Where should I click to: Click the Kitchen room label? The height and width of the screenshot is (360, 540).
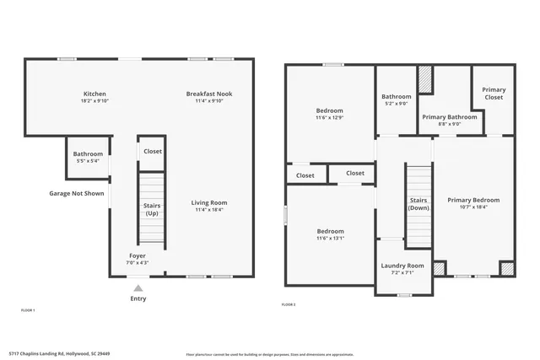point(94,94)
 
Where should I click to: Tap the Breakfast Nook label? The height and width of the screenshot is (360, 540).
point(209,94)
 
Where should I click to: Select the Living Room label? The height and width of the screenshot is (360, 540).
point(208,202)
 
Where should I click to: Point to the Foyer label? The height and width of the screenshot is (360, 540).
point(137,255)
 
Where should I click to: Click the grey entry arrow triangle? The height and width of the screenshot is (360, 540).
point(138,287)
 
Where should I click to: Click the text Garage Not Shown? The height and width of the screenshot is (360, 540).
point(76,193)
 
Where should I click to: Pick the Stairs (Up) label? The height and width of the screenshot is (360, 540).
point(152,209)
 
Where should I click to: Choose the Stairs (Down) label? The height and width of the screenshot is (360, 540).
point(418,204)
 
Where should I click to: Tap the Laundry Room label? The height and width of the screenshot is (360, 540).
point(403,266)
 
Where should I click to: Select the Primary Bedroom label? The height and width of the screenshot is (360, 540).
point(473,200)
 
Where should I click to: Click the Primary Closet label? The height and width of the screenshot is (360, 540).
point(494,94)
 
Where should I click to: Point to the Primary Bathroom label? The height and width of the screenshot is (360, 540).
point(449,117)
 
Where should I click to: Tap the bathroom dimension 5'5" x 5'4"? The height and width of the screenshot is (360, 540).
point(88,161)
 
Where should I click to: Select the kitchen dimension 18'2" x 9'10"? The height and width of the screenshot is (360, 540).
point(94,101)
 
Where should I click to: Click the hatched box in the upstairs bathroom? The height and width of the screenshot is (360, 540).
point(426,80)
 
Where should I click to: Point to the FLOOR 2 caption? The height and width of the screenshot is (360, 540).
point(288,304)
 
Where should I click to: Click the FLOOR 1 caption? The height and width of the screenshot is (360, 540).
point(28,310)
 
